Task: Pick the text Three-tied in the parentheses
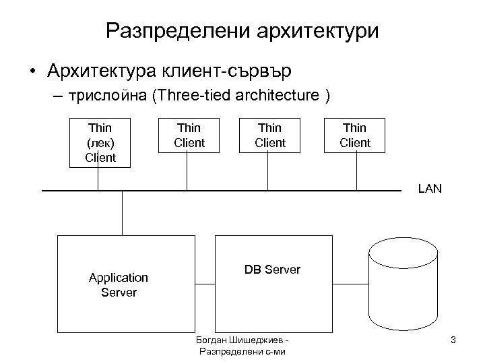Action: [182, 96]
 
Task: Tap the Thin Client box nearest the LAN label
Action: [355, 135]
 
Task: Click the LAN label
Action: [430, 189]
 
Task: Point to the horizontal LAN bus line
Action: [222, 191]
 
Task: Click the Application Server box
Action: [119, 284]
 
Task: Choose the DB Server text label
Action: [272, 270]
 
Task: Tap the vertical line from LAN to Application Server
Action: [122, 213]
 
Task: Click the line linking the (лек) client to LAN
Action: [98, 179]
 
